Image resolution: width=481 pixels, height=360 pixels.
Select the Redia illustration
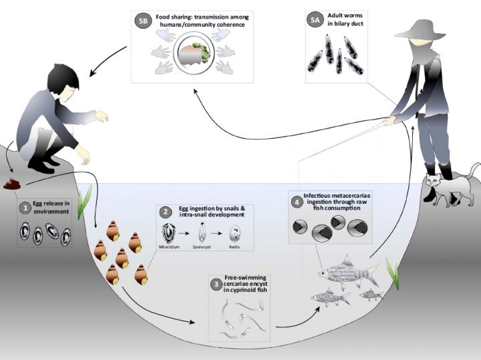click(234, 234)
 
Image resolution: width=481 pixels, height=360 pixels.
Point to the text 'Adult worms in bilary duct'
click(345, 22)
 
